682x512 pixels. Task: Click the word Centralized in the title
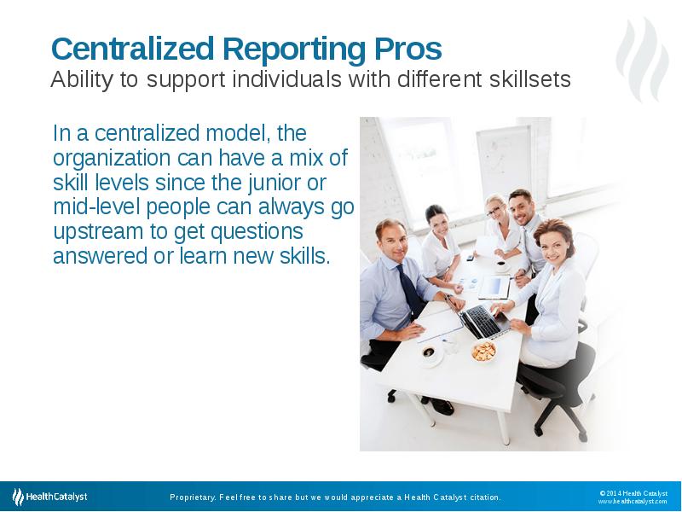tap(133, 49)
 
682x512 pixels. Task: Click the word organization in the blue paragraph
tap(112, 159)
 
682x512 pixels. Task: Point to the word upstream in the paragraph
tap(98, 232)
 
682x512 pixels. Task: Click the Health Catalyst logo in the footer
tap(49, 497)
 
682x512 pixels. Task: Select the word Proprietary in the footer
tap(193, 497)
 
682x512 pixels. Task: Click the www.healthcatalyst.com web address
tap(633, 502)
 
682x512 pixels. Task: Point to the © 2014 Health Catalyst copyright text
tap(633, 493)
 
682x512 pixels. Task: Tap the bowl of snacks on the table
tap(483, 352)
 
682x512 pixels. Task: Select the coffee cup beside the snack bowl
tap(430, 353)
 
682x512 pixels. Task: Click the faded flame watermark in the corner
tap(643, 59)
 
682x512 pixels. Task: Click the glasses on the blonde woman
tap(494, 211)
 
